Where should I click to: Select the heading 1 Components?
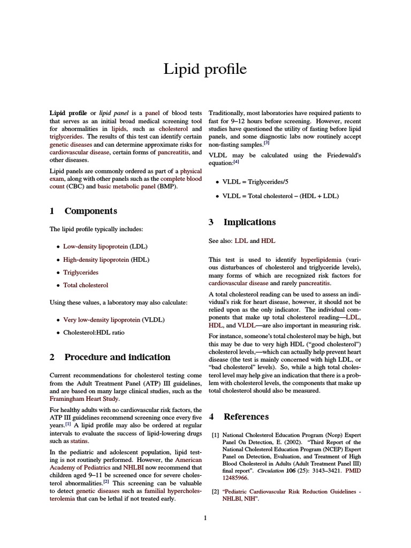tap(83, 211)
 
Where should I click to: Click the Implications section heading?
tap(242, 222)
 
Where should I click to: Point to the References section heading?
tap(246, 416)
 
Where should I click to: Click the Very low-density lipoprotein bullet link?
tap(102, 320)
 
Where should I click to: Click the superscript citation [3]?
tap(266, 143)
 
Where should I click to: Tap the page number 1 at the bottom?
tap(205, 517)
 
